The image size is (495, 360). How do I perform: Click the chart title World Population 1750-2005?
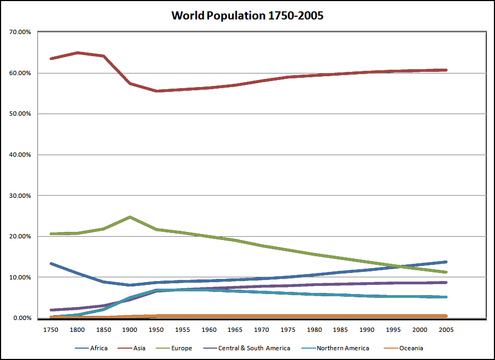tap(247, 16)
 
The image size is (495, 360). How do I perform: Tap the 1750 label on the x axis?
tap(51, 329)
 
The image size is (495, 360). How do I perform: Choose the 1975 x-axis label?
tap(288, 329)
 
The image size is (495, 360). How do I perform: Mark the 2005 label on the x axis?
tap(445, 329)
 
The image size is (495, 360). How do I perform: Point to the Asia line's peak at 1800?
tap(78, 52)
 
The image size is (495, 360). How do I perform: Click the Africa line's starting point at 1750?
tap(51, 263)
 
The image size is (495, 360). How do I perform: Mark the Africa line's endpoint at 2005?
tap(445, 262)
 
